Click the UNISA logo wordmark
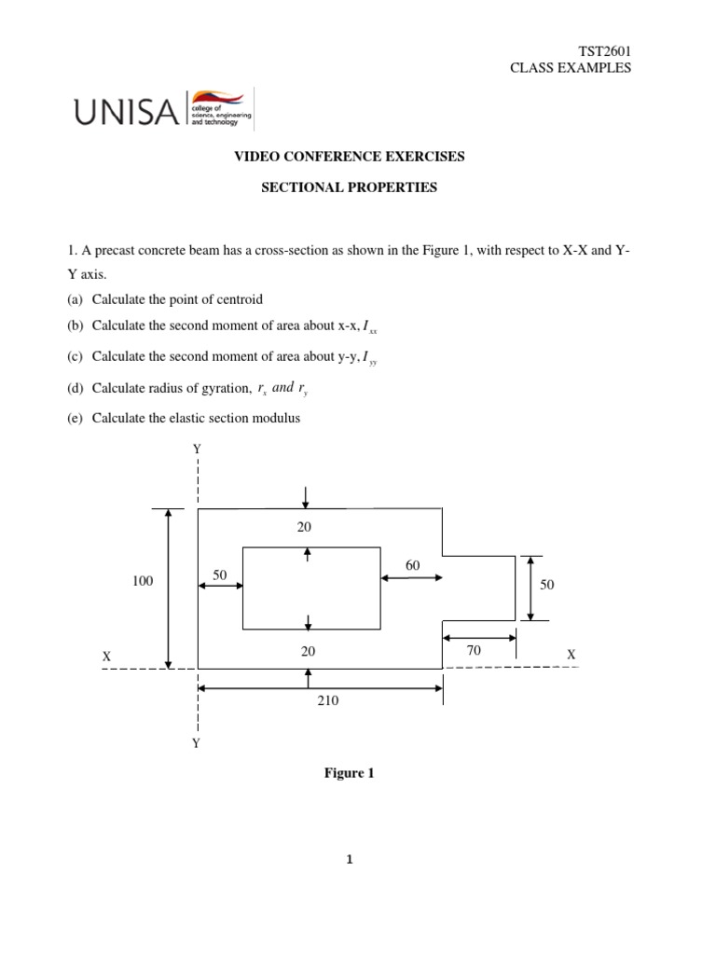tap(126, 113)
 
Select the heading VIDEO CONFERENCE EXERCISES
tap(348, 157)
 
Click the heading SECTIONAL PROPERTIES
tap(348, 187)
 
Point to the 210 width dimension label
tap(327, 701)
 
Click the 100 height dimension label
tap(143, 580)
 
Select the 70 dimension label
tap(474, 651)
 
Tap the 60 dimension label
tap(413, 565)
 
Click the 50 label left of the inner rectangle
tap(220, 576)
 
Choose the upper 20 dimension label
tap(305, 527)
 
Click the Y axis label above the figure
tap(197, 450)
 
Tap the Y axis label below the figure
tap(197, 743)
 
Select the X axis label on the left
tap(106, 657)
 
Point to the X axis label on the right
tap(571, 656)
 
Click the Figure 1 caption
tap(349, 773)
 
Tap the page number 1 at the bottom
tap(349, 860)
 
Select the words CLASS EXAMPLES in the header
tap(583, 68)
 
